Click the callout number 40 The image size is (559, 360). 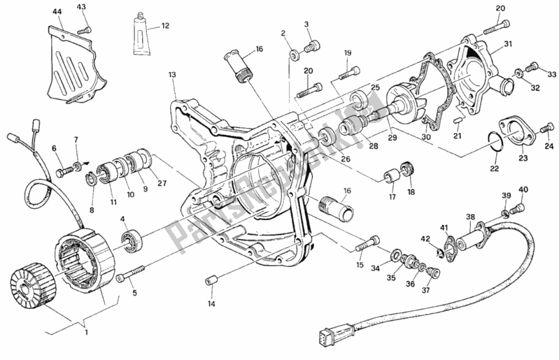pos(523,189)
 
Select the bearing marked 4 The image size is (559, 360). pos(130,241)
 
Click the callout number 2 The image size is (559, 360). pos(283,34)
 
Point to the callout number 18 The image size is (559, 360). pos(411,192)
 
